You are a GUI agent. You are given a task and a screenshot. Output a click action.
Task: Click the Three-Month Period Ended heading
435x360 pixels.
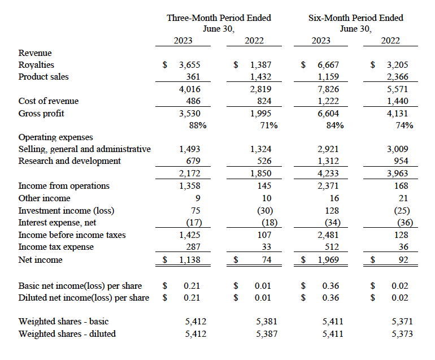[219, 18]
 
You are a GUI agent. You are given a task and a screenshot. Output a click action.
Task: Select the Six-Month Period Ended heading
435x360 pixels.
[356, 18]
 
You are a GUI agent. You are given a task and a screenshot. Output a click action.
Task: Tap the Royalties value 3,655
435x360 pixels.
[189, 65]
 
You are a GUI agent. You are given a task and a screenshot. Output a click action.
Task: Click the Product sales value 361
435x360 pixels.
[193, 77]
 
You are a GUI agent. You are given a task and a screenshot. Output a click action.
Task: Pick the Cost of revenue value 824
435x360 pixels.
[264, 101]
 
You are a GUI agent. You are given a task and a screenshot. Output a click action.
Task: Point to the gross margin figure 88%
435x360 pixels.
[198, 125]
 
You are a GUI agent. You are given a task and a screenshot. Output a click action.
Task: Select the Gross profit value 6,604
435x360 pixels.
[328, 114]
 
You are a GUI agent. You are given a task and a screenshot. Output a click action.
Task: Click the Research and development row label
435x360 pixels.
[69, 161]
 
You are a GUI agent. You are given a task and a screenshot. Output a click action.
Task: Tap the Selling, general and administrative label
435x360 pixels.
[85, 149]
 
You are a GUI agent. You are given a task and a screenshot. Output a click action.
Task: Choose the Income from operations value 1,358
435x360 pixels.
[189, 186]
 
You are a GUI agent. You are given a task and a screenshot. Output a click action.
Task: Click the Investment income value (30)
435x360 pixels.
[265, 211]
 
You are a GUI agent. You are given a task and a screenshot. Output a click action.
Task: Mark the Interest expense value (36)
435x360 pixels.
[405, 223]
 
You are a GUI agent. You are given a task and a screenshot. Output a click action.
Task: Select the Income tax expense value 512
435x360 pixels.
[332, 247]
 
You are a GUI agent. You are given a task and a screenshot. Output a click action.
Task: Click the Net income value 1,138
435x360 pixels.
[189, 260]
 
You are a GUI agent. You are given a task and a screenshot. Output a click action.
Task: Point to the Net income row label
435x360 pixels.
[41, 260]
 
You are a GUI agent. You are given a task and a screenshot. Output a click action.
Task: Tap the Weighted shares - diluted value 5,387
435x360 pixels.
[267, 333]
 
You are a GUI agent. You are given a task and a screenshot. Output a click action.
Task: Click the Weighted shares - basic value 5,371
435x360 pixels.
[402, 322]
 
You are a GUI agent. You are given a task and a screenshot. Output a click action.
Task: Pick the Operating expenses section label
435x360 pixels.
[55, 137]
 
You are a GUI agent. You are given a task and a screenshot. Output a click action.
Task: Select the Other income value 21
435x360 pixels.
[403, 198]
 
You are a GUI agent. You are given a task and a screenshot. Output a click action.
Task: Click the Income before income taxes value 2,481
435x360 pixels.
[328, 235]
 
